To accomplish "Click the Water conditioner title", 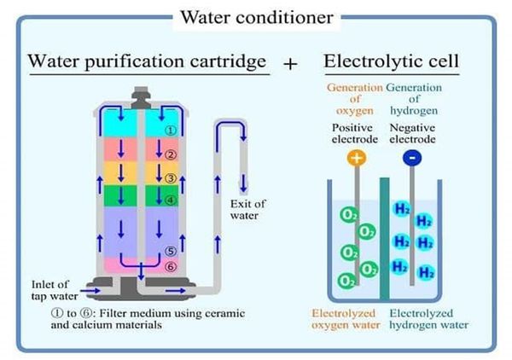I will click(x=255, y=17).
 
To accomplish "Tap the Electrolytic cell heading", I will click(x=392, y=62).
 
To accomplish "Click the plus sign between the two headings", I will click(x=292, y=65).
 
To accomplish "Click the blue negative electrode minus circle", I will click(x=413, y=157).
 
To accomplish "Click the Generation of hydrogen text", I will click(x=414, y=98).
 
